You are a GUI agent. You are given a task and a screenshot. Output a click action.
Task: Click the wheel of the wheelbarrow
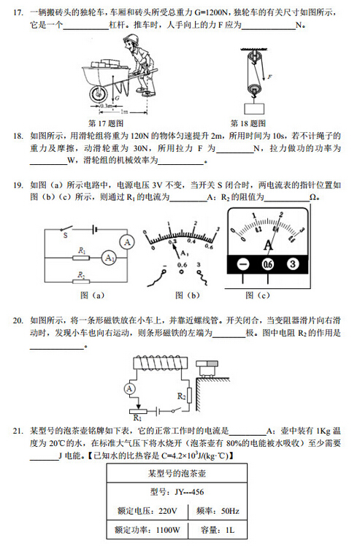(x=97, y=93)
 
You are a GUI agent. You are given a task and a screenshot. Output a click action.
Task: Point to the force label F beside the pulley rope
(x=271, y=75)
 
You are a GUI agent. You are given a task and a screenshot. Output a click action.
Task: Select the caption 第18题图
(x=248, y=123)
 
